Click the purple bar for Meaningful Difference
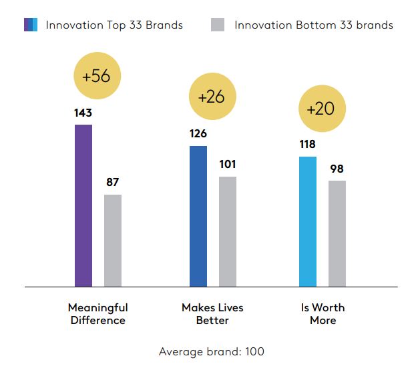pos(83,205)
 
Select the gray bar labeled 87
pos(113,241)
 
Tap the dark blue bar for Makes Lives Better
pos(198,216)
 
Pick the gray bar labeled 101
pos(228,231)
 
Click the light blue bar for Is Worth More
pos(308,221)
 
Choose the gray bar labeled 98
pos(337,233)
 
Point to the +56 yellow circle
pos(96,75)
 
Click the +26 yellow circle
pos(212,96)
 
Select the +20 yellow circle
pos(321,109)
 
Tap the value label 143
pos(83,113)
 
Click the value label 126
pos(198,134)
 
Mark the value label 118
pos(308,145)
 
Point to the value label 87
pos(113,182)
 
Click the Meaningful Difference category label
pos(97,314)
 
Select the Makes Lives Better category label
pos(212,314)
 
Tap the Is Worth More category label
pos(323,314)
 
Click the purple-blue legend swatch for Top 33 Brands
pos(31,25)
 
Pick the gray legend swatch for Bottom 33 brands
pos(217,25)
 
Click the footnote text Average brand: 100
pos(212,351)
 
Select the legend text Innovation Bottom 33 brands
pos(313,25)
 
